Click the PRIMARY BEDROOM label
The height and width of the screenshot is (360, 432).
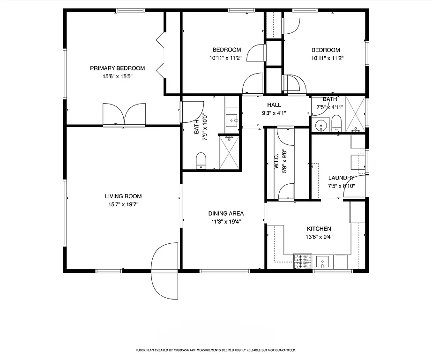117,68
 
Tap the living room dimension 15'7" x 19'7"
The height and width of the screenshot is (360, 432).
123,204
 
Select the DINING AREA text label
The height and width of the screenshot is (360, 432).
226,213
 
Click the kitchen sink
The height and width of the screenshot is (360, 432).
323,261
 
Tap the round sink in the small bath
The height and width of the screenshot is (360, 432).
321,126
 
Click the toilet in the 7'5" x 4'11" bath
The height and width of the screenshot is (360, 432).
336,124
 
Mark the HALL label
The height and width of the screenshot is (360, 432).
274,105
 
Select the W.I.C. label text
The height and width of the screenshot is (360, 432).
276,160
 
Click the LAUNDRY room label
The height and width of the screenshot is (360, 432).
341,178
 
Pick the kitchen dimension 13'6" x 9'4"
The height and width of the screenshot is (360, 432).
319,237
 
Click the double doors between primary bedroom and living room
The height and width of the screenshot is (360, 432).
124,115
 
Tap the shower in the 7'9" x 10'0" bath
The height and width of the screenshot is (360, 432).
229,151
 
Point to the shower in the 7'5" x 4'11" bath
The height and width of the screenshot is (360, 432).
355,113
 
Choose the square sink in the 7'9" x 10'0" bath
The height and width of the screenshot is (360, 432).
232,120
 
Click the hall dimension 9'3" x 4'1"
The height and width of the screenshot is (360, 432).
274,112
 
